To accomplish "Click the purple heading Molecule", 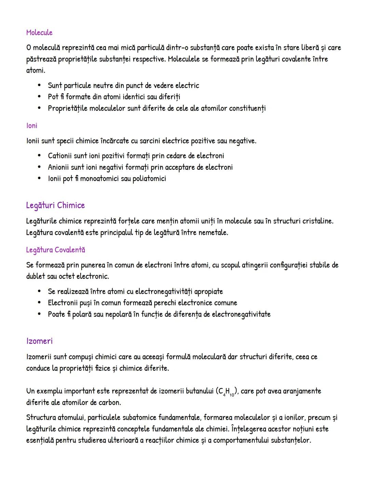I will [x=39, y=32].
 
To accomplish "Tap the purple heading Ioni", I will [x=31, y=126].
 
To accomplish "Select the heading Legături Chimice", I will [x=55, y=205].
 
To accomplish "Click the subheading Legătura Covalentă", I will [x=56, y=250].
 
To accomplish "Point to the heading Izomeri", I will [x=39, y=341].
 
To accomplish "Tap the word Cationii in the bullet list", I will [x=60, y=156].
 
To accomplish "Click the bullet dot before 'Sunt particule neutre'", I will [x=40, y=85].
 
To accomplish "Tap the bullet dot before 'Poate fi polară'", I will [x=40, y=314].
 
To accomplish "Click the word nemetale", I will [x=213, y=233].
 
